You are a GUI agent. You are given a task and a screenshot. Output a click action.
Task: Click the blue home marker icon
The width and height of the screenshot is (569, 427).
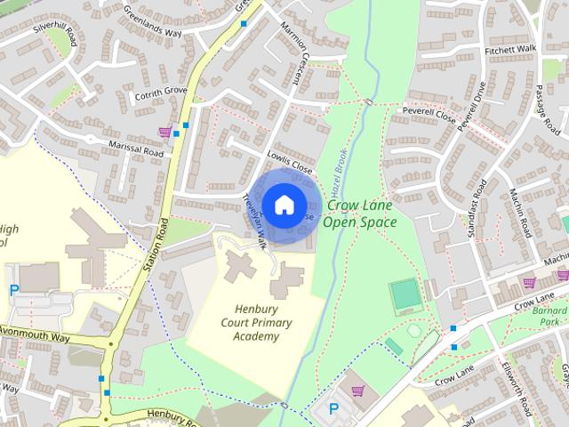pyautogui.click(x=284, y=205)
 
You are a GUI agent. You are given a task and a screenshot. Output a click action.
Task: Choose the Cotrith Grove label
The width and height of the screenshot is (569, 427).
pyautogui.click(x=160, y=92)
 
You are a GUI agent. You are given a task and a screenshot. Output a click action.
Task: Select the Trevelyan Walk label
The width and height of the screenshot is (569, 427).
pyautogui.click(x=255, y=222)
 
